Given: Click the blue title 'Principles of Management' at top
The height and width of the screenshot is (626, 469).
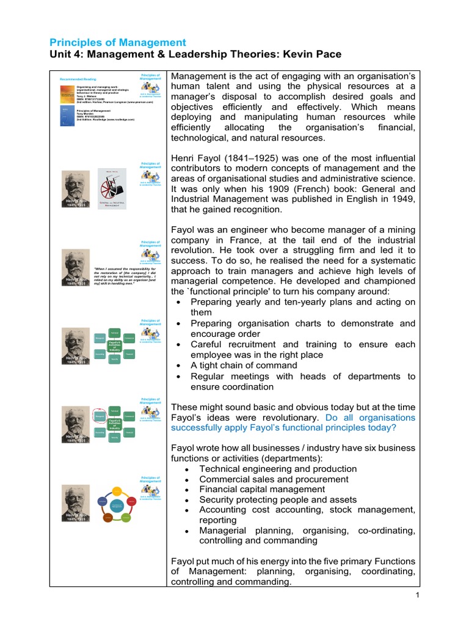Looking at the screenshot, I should (117, 42).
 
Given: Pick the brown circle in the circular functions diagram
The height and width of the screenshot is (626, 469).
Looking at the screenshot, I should (107, 518).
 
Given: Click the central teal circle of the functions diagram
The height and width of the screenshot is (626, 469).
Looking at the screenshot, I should (117, 505).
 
